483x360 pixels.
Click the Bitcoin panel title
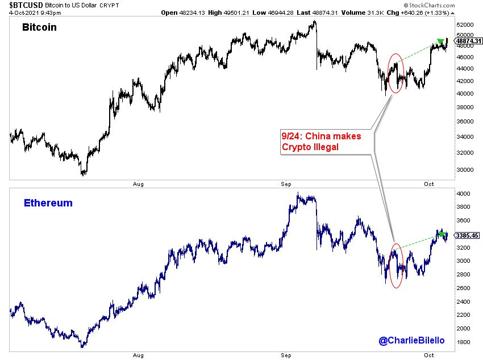39,27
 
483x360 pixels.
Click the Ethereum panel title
48,203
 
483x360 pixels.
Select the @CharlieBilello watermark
412,340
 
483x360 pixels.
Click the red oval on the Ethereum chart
397,264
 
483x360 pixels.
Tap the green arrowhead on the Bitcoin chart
440,42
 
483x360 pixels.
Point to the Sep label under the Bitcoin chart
286,184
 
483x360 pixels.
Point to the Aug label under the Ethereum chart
138,355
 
